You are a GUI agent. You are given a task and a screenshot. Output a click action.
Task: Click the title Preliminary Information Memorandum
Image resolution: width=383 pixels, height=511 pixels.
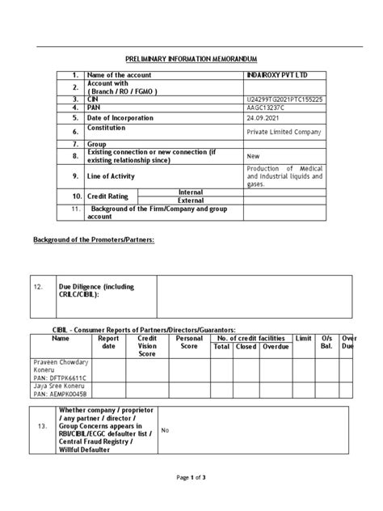[191, 60]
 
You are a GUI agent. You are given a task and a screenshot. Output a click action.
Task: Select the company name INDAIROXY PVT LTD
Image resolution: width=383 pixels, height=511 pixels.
[276, 75]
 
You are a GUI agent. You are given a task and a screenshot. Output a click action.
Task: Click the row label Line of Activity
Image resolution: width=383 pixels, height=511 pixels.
[111, 176]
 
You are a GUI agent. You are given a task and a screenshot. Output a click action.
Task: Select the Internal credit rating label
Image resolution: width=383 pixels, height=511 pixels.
[190, 192]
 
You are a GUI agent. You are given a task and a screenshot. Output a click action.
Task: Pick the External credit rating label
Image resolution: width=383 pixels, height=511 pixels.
[190, 200]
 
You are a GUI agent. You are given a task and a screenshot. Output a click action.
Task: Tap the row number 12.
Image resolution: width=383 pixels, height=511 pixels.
[37, 286]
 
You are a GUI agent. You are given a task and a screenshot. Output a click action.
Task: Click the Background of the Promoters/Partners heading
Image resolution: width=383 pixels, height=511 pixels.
[94, 241]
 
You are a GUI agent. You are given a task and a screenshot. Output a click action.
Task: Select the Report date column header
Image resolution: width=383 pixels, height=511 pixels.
[108, 343]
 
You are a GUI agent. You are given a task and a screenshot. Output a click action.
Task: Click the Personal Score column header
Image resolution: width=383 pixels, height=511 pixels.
[188, 343]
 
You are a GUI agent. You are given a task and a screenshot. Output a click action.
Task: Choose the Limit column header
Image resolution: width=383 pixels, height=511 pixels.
[304, 338]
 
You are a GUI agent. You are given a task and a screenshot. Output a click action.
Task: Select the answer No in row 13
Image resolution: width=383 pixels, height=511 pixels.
[165, 431]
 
